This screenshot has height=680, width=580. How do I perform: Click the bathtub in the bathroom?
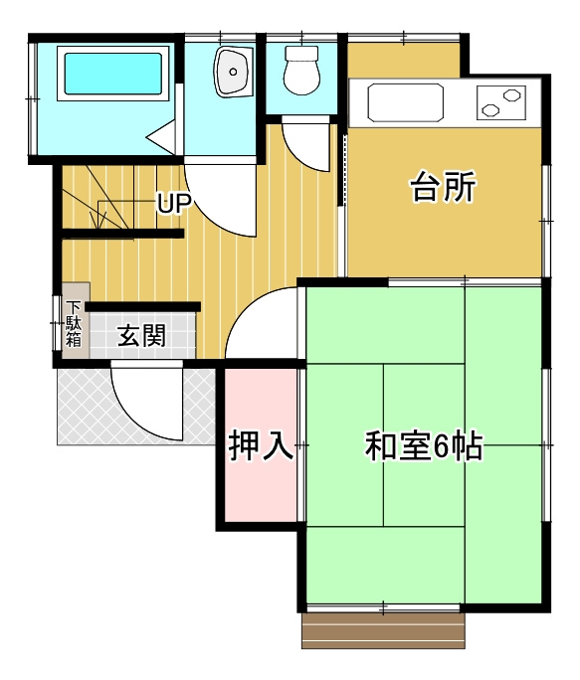click(x=112, y=75)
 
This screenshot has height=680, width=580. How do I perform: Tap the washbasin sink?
click(x=234, y=73)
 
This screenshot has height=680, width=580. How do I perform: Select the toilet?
click(x=301, y=70)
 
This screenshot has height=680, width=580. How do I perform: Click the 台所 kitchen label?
click(x=444, y=187)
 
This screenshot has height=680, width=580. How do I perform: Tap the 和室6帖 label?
click(x=424, y=447)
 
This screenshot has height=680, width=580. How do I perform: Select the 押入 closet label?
click(x=261, y=446)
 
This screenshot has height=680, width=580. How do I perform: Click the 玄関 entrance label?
click(x=142, y=336)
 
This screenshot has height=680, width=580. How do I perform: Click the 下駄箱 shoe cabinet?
click(x=75, y=321)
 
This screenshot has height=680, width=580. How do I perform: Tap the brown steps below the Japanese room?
click(x=383, y=630)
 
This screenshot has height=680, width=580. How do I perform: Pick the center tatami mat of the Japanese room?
click(x=424, y=445)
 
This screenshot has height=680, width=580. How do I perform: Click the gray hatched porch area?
click(x=85, y=408)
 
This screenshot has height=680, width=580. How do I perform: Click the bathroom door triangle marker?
click(x=162, y=137)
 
